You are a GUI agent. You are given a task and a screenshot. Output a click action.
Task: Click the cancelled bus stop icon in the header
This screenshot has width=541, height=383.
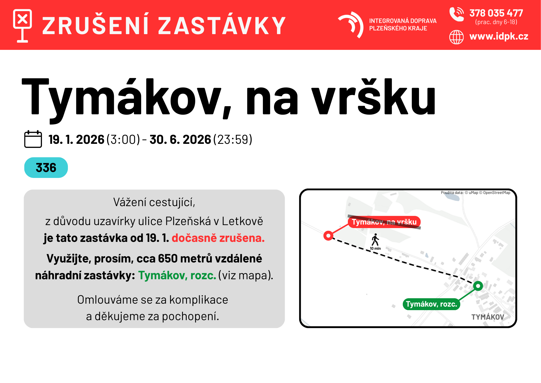pyautogui.click(x=22, y=26)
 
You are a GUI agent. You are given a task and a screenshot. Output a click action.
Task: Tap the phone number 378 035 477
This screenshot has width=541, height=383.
pyautogui.click(x=496, y=13)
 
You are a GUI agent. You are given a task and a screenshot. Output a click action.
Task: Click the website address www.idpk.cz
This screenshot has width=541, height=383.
pyautogui.click(x=499, y=36)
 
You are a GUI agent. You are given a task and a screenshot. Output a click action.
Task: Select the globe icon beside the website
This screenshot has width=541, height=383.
pyautogui.click(x=456, y=37)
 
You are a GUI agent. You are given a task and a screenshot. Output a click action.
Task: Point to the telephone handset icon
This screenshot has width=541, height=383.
pyautogui.click(x=456, y=14)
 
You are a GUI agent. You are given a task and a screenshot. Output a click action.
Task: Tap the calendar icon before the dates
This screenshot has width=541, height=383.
pyautogui.click(x=33, y=139)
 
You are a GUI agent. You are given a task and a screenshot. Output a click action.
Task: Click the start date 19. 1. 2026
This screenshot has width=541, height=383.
pyautogui.click(x=77, y=139)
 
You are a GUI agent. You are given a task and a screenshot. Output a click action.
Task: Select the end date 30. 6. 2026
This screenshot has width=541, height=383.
pyautogui.click(x=180, y=139)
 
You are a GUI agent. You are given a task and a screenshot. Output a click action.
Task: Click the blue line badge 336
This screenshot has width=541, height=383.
pyautogui.click(x=46, y=168)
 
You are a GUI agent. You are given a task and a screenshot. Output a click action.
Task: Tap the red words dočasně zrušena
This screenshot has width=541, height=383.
pyautogui.click(x=218, y=238)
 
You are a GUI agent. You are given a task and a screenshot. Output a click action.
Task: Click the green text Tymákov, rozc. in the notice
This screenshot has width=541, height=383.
pyautogui.click(x=177, y=275)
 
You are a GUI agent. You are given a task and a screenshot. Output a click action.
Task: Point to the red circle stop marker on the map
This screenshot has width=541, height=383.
pyautogui.click(x=328, y=236)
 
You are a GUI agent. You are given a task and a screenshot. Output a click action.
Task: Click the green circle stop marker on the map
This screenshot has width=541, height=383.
pyautogui.click(x=478, y=286)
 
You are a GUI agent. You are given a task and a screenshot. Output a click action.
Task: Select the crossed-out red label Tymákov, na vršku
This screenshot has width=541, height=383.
pyautogui.click(x=384, y=222)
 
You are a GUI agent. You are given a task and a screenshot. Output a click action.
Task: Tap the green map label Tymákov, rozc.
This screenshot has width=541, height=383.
pyautogui.click(x=431, y=304)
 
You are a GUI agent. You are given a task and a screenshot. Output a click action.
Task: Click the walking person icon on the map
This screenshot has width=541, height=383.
pyautogui.click(x=375, y=239)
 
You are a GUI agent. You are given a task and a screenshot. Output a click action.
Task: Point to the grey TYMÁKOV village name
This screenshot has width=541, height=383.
pyautogui.click(x=488, y=317)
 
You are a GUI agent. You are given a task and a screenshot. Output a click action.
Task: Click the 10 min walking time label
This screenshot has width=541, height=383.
pyautogui.click(x=375, y=248)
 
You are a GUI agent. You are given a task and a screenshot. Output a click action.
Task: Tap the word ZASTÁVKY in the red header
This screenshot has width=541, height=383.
pyautogui.click(x=222, y=26)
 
